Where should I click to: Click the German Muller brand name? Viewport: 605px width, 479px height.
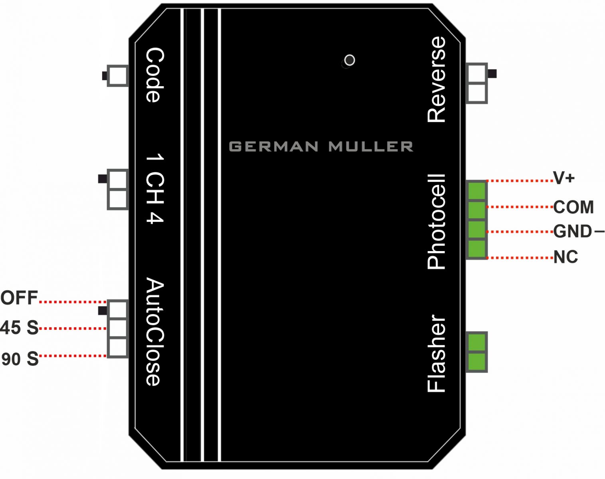coord(321,146)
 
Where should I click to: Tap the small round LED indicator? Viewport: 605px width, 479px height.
coord(350,60)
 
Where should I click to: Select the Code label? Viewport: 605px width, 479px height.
coord(155,75)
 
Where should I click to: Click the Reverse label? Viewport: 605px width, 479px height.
coord(436,79)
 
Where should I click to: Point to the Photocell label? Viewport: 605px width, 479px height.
coord(436,222)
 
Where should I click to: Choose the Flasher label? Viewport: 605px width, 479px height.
coord(436,354)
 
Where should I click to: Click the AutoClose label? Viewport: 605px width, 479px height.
coord(155,332)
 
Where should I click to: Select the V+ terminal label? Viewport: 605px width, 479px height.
coord(563,178)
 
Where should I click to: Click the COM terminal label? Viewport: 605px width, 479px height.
coord(573,207)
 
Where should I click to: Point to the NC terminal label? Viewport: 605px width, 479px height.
coord(565,257)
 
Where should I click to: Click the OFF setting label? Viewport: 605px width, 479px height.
coord(19,298)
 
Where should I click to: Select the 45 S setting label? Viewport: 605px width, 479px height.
coord(19,328)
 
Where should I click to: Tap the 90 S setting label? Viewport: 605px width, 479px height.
coord(20,358)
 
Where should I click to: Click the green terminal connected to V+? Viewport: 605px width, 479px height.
coord(476,190)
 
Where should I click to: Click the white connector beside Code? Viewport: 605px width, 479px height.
coord(118,75)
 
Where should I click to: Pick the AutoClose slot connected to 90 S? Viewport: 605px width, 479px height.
coord(117,347)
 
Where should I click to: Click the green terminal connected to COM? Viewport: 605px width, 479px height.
coord(476,210)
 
